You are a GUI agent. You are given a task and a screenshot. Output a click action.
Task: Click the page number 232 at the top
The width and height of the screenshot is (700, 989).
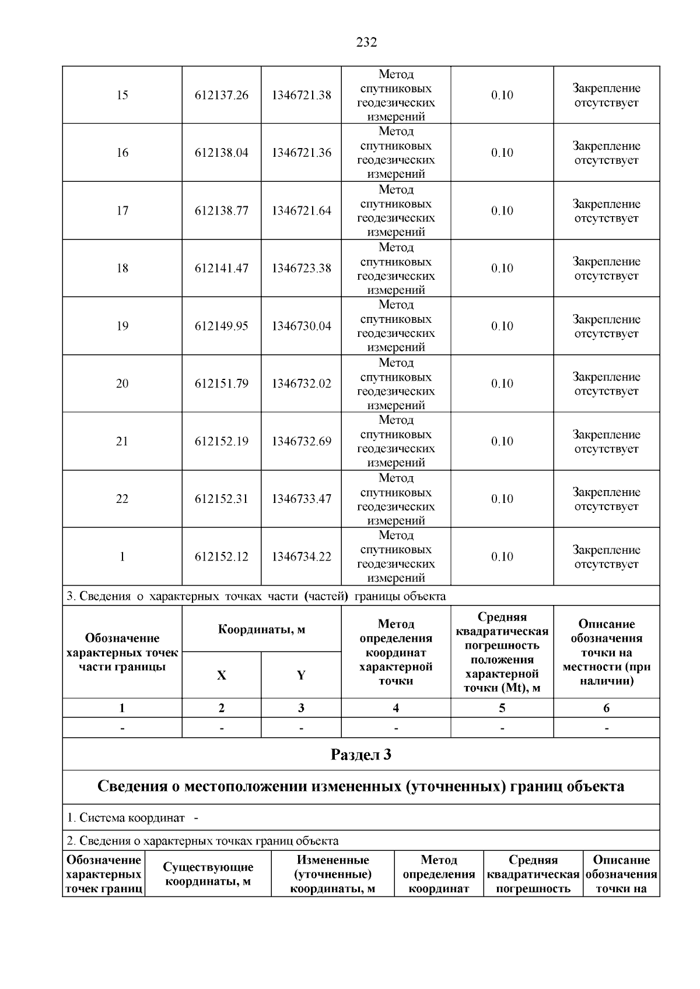pos(366,42)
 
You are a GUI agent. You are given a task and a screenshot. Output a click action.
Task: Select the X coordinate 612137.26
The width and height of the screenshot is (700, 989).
pos(221,95)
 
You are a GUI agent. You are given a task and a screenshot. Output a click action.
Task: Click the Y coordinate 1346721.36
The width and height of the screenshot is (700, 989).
pos(301,153)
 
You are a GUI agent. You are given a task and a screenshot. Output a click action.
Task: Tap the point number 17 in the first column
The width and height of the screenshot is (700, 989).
pos(122,210)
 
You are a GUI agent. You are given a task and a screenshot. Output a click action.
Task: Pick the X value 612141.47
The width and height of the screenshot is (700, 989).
pos(221,268)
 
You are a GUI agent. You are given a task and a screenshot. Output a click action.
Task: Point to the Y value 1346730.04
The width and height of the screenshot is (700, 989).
pos(301,326)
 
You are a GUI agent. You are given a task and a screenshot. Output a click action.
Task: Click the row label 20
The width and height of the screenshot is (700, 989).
pos(122,383)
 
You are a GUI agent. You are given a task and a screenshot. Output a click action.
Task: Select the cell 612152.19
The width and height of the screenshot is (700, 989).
pos(221,441)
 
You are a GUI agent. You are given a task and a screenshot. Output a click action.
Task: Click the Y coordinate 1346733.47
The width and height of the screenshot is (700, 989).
pos(301,499)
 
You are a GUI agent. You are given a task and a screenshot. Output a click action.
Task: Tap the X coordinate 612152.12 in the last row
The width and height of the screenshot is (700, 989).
pos(221,557)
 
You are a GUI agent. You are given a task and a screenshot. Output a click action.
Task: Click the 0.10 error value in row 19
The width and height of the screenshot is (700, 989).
pos(502,326)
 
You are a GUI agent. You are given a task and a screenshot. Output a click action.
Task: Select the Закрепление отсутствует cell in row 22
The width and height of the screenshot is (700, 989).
pos(606,499)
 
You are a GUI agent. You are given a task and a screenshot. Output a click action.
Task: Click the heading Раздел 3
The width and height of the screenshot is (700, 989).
pos(360,755)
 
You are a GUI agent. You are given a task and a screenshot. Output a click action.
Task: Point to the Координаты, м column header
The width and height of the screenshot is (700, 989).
pos(261,629)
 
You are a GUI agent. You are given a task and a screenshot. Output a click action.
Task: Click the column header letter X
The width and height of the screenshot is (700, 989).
pos(221,675)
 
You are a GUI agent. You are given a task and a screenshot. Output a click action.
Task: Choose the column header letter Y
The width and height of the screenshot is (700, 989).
pos(301,675)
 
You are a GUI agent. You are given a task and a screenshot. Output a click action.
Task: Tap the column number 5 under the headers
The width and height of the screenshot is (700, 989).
pos(502,708)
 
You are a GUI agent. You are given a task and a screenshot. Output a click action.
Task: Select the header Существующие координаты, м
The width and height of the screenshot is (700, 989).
pos(208,874)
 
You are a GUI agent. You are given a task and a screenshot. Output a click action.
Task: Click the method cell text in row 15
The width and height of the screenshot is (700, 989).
pos(395,95)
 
